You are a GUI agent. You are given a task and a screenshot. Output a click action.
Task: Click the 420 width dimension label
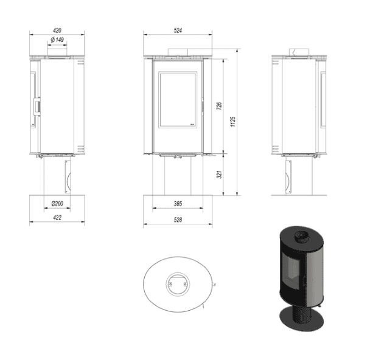[57, 30]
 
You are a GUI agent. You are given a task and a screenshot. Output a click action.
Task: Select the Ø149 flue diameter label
[57, 40]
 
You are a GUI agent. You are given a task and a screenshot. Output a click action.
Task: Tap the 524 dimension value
[178, 30]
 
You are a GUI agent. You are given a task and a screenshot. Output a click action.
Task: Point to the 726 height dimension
[219, 106]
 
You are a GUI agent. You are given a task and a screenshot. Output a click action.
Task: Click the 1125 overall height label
[233, 122]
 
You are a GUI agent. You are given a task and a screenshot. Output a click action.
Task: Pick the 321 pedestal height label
[219, 175]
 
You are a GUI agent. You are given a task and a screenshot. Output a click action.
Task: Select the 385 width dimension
[178, 204]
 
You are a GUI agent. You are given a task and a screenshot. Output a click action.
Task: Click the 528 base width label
[178, 220]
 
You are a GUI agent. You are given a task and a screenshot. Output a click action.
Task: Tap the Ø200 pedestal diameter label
[57, 204]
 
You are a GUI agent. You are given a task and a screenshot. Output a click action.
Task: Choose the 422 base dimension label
[57, 217]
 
